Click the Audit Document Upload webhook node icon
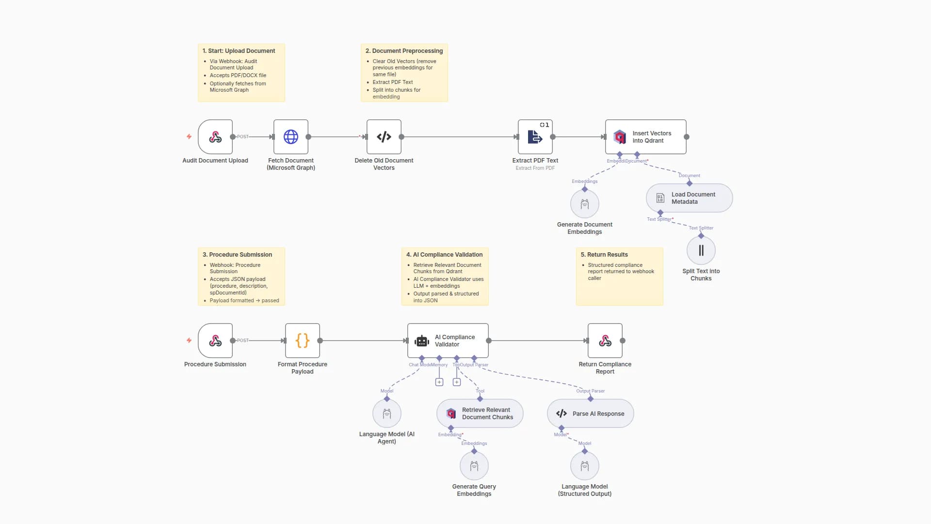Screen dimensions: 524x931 [215, 137]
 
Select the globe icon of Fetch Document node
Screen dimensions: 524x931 [291, 137]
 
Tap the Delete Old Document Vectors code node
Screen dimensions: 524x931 [384, 137]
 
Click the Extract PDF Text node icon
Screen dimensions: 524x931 [535, 137]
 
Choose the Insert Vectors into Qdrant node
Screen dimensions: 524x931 [645, 137]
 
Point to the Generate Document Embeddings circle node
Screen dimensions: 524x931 [585, 204]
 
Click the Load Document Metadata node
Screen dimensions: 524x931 [689, 198]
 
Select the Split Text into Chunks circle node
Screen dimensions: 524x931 [701, 250]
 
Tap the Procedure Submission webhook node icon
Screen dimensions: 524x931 [215, 341]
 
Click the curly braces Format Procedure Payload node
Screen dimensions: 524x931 [303, 341]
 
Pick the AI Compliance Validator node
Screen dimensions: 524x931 [448, 341]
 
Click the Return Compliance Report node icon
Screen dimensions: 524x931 [605, 341]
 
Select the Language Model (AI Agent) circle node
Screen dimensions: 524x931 [387, 413]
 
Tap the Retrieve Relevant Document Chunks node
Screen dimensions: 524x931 [480, 413]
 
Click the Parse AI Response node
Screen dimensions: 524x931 [590, 413]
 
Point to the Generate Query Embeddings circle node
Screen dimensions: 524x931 [474, 466]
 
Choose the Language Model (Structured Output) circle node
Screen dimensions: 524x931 [585, 466]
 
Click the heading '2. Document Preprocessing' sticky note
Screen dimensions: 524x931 [404, 51]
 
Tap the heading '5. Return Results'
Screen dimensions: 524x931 [608, 255]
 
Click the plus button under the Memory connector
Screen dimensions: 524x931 [439, 382]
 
